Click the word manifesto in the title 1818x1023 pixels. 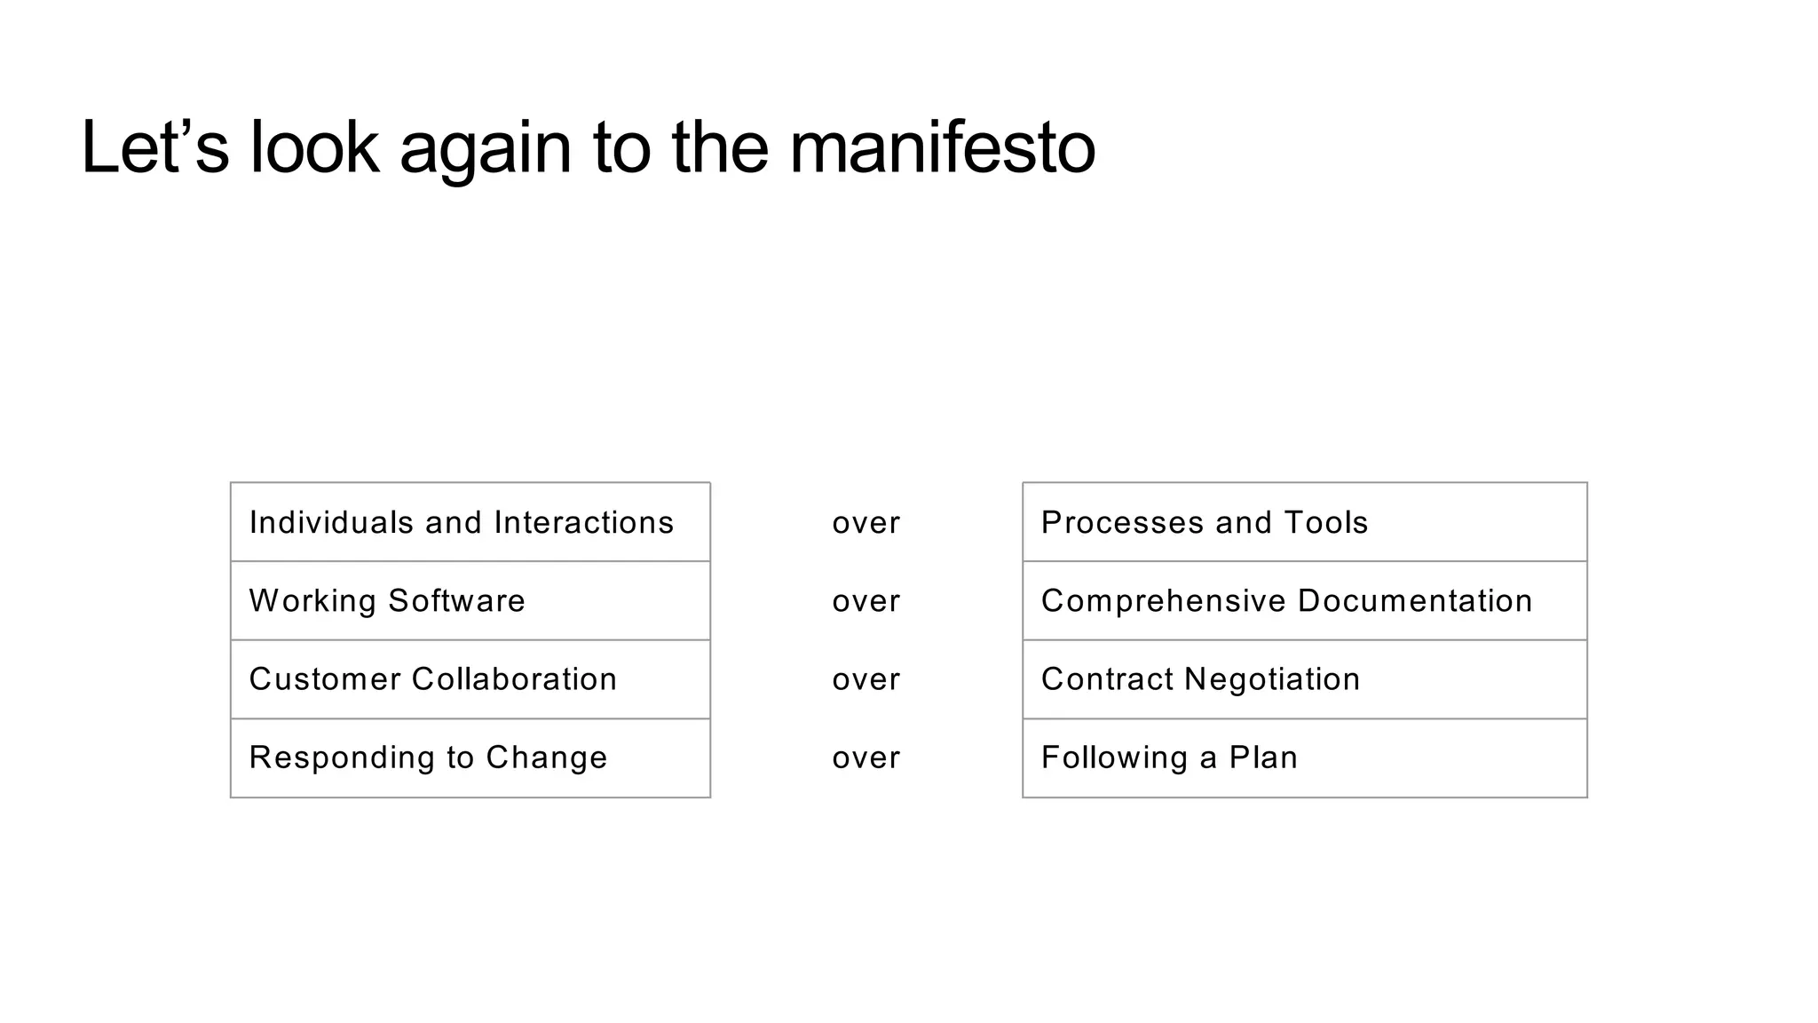pyautogui.click(x=942, y=148)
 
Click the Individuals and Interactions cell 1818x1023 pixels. pyautogui.click(x=470, y=522)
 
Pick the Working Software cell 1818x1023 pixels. pyautogui.click(x=470, y=600)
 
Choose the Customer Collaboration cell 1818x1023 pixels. pyautogui.click(x=470, y=679)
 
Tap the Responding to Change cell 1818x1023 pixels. pyautogui.click(x=470, y=757)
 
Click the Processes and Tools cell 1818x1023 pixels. pyautogui.click(x=1304, y=522)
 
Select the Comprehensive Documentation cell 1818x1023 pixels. pyautogui.click(x=1304, y=600)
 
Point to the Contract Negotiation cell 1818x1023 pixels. pyautogui.click(x=1304, y=679)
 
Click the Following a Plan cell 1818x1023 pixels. pyautogui.click(x=1304, y=757)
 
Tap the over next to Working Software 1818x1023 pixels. pyautogui.click(x=866, y=601)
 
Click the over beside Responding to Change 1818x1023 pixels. pyautogui.click(x=866, y=758)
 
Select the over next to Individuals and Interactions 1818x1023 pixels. pyautogui.click(x=866, y=523)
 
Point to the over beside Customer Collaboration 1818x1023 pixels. pyautogui.click(x=866, y=680)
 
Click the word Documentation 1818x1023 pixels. pyautogui.click(x=1415, y=601)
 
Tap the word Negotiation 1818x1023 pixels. pyautogui.click(x=1272, y=679)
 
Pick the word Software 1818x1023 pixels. pyautogui.click(x=456, y=601)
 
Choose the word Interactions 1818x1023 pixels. pyautogui.click(x=584, y=522)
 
